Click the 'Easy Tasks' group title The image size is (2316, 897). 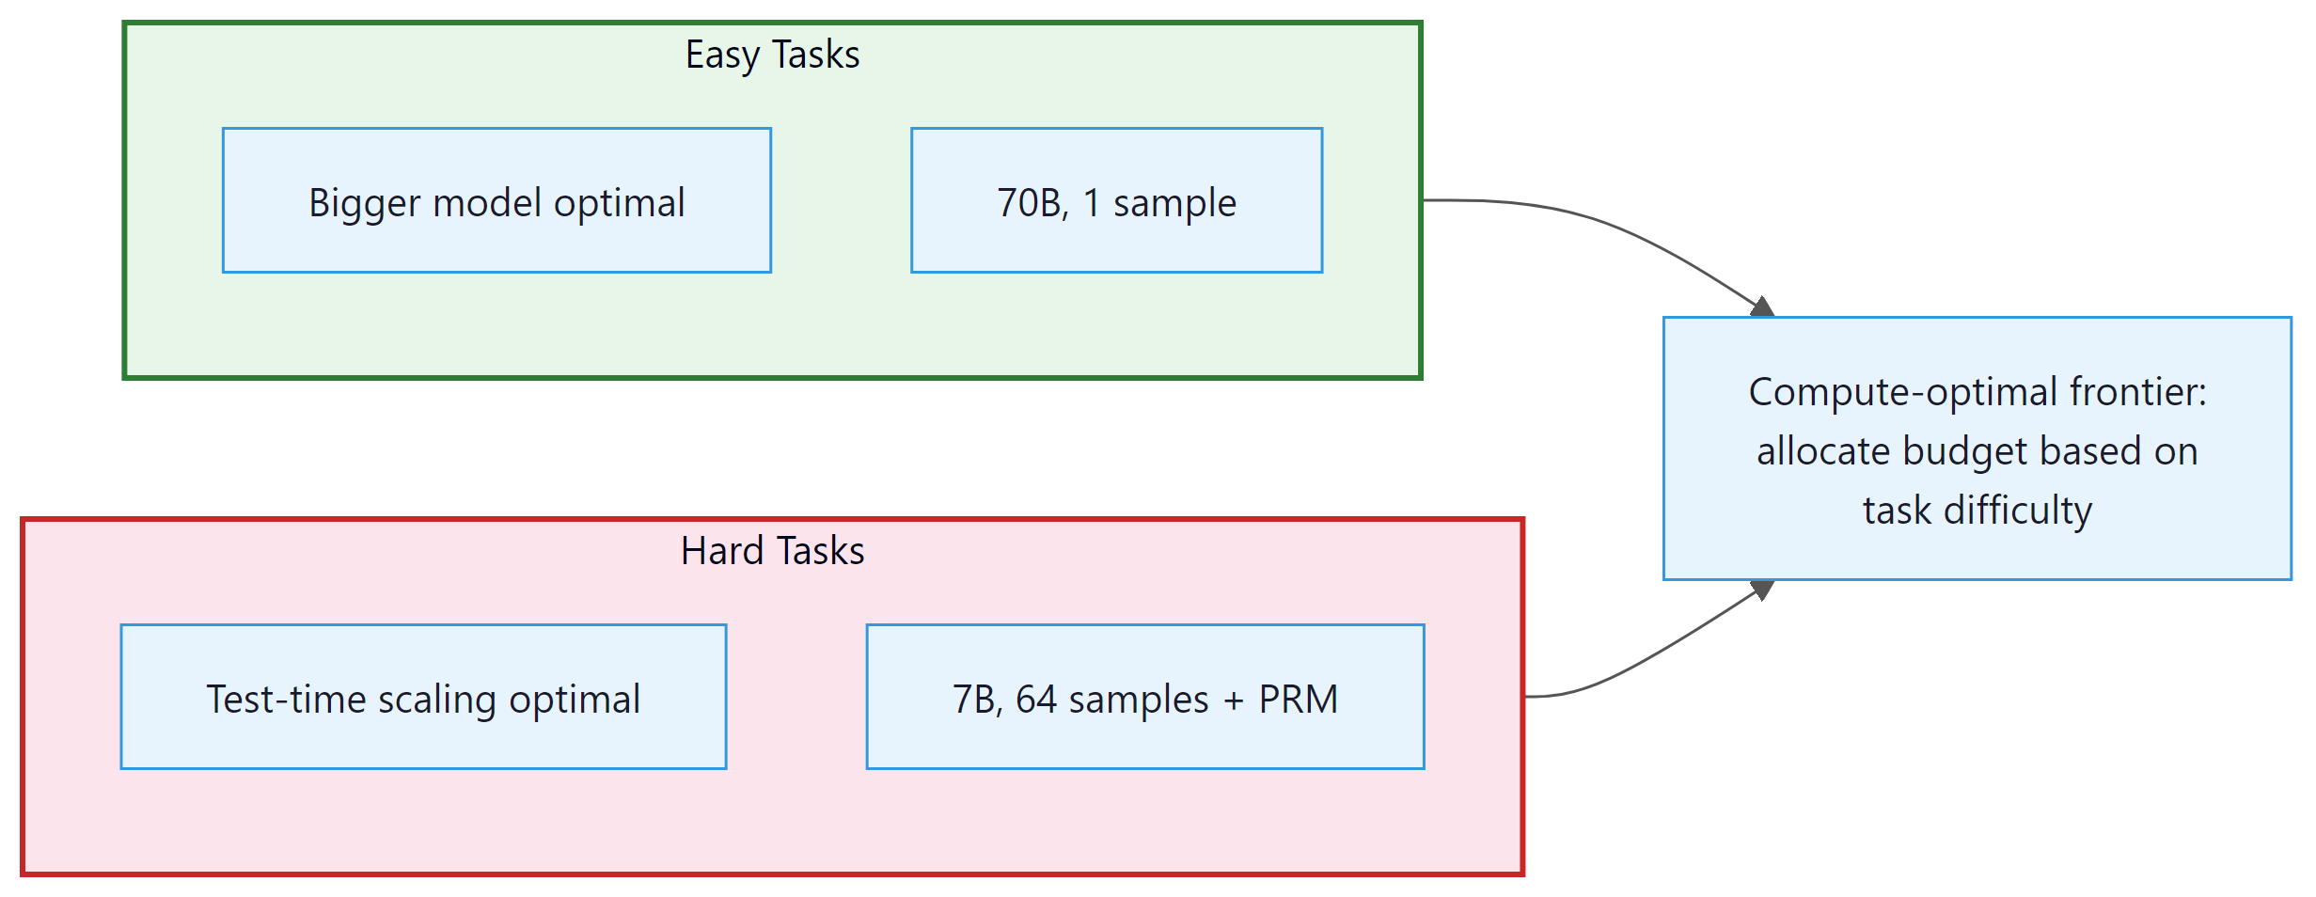(x=772, y=55)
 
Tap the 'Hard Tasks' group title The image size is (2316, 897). (x=772, y=551)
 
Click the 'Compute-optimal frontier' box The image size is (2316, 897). (x=1977, y=448)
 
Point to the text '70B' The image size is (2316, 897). (x=1032, y=203)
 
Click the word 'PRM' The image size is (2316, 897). (x=1298, y=700)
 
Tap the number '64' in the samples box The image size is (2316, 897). (x=1036, y=700)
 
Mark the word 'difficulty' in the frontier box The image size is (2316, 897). (x=2018, y=511)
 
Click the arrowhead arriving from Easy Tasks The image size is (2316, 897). (x=1761, y=307)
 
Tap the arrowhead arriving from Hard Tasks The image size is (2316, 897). (x=1761, y=590)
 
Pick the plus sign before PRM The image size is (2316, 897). (x=1233, y=700)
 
